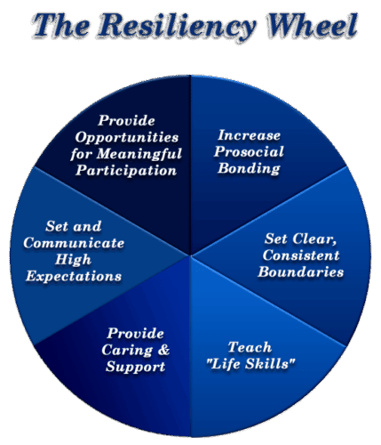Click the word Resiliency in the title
click(177, 27)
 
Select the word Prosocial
click(249, 151)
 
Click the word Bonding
click(249, 168)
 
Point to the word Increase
click(249, 135)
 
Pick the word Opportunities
click(127, 138)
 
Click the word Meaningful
click(139, 154)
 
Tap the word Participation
click(126, 170)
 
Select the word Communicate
click(74, 243)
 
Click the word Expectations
click(74, 277)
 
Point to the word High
click(73, 260)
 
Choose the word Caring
click(127, 350)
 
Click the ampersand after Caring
click(163, 350)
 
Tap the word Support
click(135, 367)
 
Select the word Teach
click(250, 347)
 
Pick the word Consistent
click(301, 255)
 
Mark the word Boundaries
click(301, 272)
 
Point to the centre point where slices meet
click(190, 255)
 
